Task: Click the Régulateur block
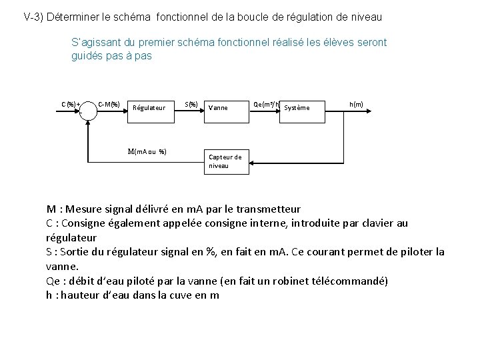pyautogui.click(x=150, y=107)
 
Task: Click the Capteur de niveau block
pyautogui.click(x=226, y=161)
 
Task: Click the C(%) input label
pyautogui.click(x=70, y=104)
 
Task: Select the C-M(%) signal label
pyautogui.click(x=109, y=104)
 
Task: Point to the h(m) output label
pyautogui.click(x=356, y=104)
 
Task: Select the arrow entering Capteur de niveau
pyautogui.click(x=260, y=161)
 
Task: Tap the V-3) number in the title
pyautogui.click(x=34, y=15)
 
